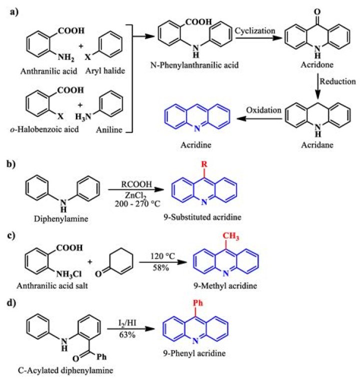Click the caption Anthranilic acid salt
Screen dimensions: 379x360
[x=55, y=285]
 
